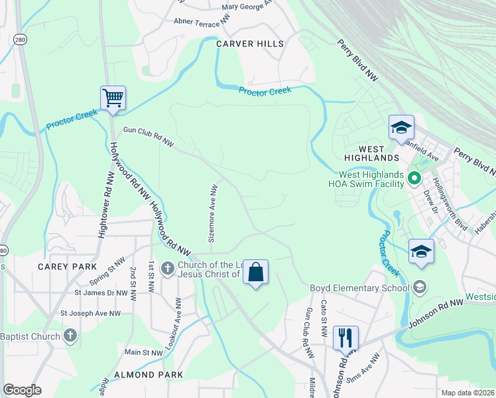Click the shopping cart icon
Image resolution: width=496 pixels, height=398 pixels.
[x=113, y=98]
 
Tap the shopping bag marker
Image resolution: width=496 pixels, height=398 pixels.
[x=255, y=272]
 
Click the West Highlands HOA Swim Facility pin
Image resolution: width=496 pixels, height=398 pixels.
[x=415, y=178]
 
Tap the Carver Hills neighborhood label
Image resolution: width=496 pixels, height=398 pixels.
[x=250, y=44]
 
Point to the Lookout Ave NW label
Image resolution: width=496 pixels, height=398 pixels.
[x=178, y=324]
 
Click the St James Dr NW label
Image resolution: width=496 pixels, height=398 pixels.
[x=101, y=292]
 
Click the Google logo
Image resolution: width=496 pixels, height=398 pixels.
[x=23, y=390]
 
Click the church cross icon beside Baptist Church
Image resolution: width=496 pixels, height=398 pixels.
[x=71, y=336]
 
